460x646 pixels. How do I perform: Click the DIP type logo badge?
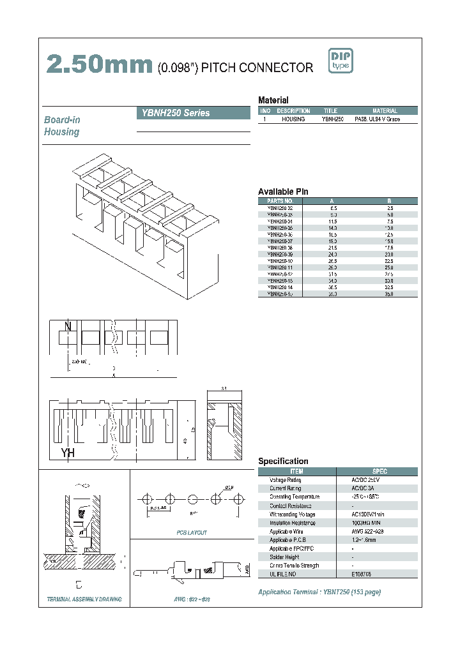coord(340,61)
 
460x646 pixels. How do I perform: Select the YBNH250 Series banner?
coord(194,113)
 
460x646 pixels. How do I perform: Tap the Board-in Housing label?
coord(62,126)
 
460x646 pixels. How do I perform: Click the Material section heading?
coord(273,100)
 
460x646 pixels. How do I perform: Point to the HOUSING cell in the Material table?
coord(293,119)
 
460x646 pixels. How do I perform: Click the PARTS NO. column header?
coord(280,200)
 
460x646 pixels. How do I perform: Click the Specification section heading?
coord(283,461)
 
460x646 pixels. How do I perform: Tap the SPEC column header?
coord(379,471)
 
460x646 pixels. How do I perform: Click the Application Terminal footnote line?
coord(319,592)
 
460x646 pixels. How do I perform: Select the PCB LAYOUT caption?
coord(191,532)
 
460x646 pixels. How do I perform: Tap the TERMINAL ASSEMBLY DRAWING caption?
coord(84,599)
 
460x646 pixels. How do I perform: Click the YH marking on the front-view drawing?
coord(68,453)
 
